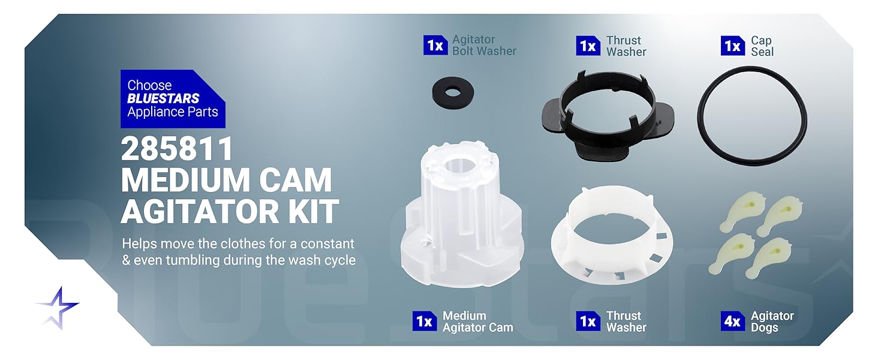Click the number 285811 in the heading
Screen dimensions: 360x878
(x=177, y=148)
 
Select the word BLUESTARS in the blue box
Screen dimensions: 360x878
(x=163, y=98)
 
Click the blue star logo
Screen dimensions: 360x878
(x=58, y=308)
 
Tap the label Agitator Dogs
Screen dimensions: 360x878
(x=772, y=322)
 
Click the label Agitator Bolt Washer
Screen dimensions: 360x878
(x=483, y=46)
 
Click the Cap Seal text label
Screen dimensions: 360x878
(x=762, y=46)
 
